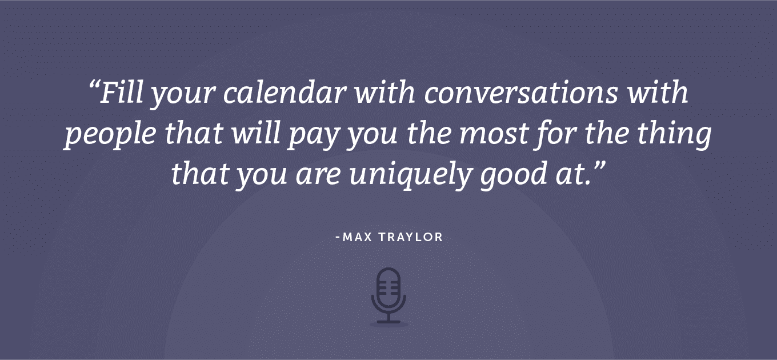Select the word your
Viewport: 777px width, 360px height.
click(x=184, y=95)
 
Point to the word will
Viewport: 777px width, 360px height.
click(x=256, y=133)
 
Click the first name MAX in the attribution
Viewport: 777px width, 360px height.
click(x=357, y=237)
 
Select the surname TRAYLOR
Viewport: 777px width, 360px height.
click(x=411, y=237)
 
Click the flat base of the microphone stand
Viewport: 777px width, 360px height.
click(x=389, y=322)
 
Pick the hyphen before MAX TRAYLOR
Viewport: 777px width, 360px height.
click(x=338, y=238)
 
